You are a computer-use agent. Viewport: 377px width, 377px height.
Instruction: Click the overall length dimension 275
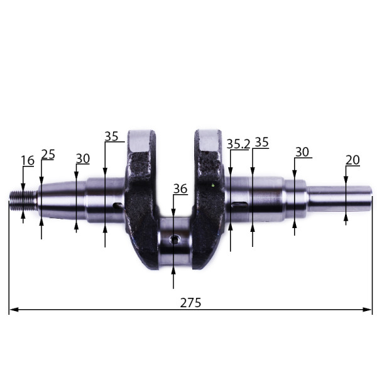pyautogui.click(x=190, y=303)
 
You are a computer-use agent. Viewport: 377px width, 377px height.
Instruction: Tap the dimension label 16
pyautogui.click(x=28, y=160)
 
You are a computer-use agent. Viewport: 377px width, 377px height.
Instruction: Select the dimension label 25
pyautogui.click(x=48, y=155)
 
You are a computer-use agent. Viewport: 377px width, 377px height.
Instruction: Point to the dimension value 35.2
pyautogui.click(x=239, y=144)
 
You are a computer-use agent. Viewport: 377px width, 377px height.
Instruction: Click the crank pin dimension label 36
pyautogui.click(x=180, y=188)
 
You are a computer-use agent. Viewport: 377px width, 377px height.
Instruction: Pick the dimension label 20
pyautogui.click(x=352, y=160)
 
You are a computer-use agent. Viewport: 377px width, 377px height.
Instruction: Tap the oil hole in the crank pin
pyautogui.click(x=175, y=239)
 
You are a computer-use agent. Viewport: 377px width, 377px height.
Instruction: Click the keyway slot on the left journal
pyautogui.click(x=118, y=206)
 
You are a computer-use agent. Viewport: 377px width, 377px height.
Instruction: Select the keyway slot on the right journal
pyautogui.click(x=239, y=205)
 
